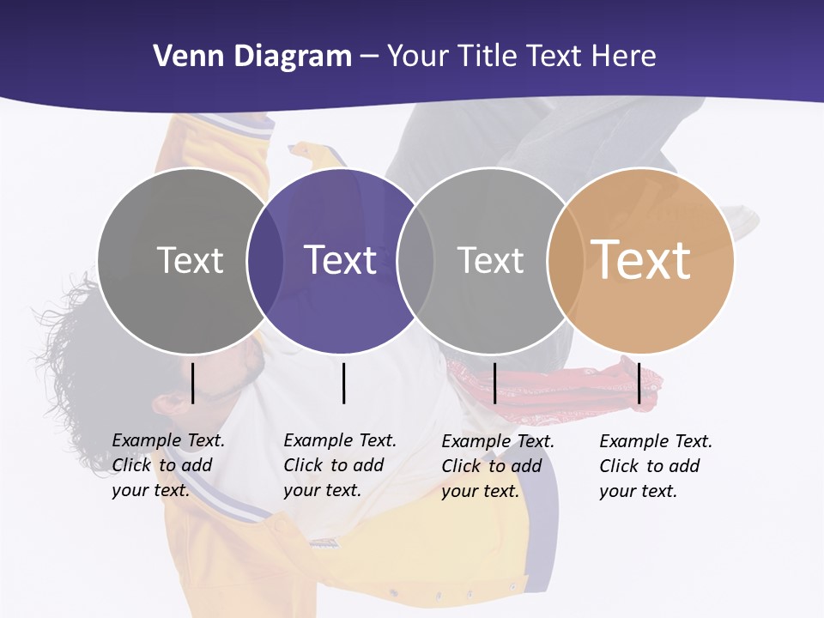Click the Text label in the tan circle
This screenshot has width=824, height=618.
pos(640,260)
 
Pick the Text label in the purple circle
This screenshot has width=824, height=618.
pos(341,260)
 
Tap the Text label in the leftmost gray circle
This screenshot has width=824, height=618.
pos(190,260)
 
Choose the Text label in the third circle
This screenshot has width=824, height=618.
pos(490,260)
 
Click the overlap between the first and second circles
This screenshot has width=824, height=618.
pos(265,261)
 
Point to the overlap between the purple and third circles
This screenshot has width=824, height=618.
pos(415,261)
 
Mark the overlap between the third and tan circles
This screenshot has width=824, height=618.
pos(565,261)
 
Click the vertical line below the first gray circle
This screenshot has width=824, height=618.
pos(193,383)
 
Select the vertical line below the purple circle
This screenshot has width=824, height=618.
pos(343,383)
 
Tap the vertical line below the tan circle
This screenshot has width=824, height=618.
pos(639,383)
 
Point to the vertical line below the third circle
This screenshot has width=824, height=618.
pos(495,383)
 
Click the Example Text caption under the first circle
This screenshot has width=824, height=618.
pos(167,465)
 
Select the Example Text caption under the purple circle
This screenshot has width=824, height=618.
pos(339,465)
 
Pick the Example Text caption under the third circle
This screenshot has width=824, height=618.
pos(497,466)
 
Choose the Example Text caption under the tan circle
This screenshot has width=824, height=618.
pos(655,466)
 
